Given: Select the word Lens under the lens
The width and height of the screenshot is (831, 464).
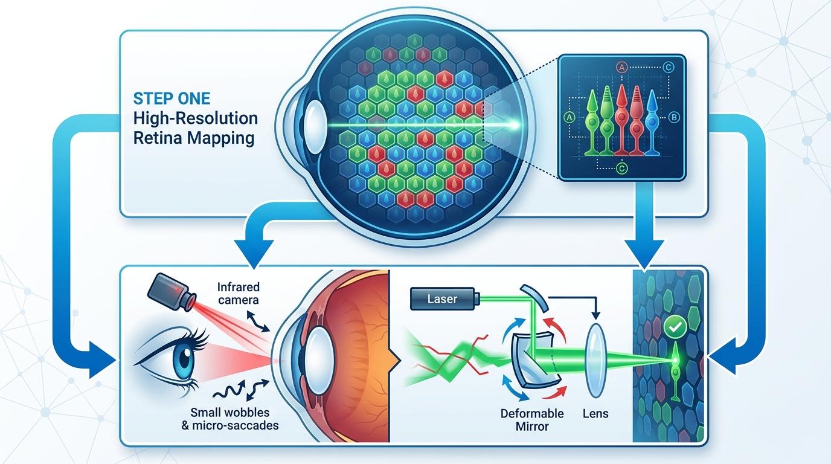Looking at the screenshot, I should [x=596, y=414].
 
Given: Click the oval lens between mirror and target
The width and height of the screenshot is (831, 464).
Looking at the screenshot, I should [x=596, y=360].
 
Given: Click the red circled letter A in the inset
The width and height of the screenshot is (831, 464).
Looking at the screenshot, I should [x=620, y=68].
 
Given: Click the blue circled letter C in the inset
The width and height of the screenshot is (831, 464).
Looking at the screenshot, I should [x=668, y=68].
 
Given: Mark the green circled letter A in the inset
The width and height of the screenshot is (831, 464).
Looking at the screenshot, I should [x=568, y=117].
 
